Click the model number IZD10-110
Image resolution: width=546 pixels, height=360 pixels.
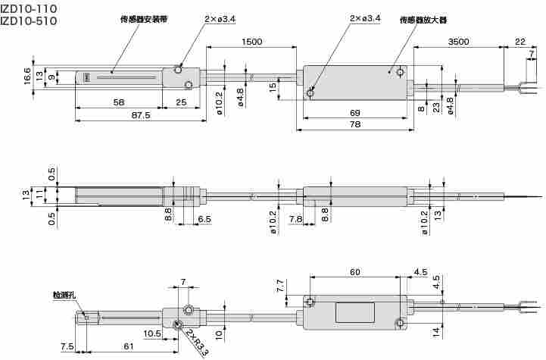click(29, 8)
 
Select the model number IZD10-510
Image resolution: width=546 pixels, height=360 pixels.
click(29, 21)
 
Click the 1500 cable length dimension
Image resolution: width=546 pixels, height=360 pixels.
click(253, 42)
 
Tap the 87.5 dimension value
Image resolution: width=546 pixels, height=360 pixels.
click(140, 116)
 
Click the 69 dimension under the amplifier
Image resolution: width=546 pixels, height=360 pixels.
click(354, 113)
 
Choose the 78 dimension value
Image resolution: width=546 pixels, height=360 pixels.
click(354, 125)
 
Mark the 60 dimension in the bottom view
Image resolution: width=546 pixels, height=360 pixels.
click(354, 271)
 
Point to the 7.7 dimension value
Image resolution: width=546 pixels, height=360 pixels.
click(280, 286)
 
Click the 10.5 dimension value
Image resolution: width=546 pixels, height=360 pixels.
click(151, 333)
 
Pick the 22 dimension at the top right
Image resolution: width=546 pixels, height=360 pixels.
click(519, 42)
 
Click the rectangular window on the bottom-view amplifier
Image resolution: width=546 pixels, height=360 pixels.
click(356, 312)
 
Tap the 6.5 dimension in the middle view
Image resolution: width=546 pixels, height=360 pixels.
click(204, 218)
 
